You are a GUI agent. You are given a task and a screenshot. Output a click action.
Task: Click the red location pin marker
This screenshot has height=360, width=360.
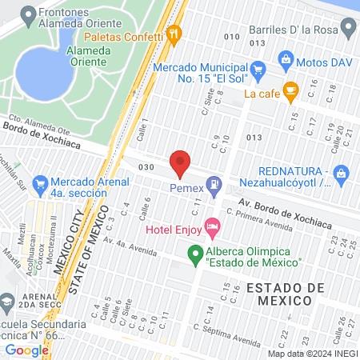[180, 162]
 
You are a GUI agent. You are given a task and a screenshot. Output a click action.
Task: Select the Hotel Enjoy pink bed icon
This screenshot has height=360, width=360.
[212, 229]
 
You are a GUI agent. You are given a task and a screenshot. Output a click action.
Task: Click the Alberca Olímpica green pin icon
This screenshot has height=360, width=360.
[194, 256]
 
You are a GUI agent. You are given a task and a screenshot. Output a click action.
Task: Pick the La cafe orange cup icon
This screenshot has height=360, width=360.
[290, 92]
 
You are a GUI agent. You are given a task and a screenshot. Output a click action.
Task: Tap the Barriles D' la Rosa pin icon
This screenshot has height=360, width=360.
[348, 31]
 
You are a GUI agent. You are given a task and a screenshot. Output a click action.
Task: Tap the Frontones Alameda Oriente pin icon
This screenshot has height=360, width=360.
[30, 14]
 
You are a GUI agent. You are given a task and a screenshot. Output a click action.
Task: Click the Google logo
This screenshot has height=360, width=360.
[26, 350]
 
